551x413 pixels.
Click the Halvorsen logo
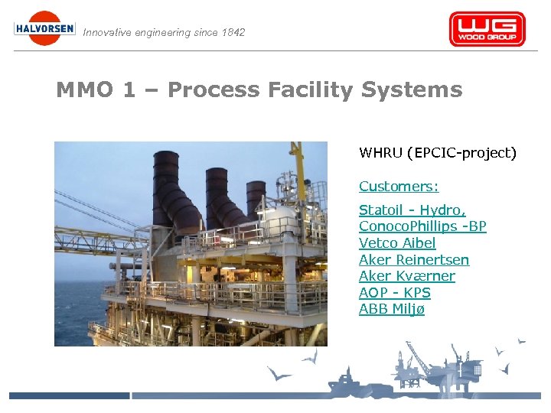44,28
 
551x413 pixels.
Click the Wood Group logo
487,29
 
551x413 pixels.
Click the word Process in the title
214,90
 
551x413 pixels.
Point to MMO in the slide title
83,90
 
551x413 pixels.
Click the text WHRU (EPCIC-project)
438,153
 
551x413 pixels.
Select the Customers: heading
399,187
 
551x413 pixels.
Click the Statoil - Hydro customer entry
412,210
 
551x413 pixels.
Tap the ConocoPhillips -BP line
422,226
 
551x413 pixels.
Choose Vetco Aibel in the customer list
397,243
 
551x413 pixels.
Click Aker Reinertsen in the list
414,260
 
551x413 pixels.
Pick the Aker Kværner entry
406,276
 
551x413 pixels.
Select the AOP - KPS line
394,293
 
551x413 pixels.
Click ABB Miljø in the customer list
391,309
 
